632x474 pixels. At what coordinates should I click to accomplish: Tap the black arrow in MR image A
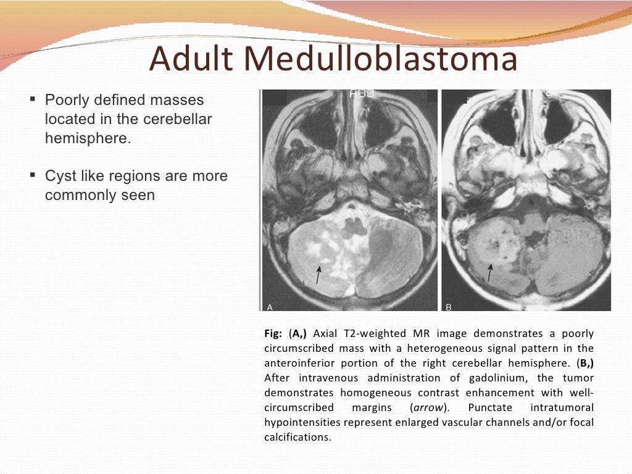[318, 275]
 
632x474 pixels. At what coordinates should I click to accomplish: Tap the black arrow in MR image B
[490, 273]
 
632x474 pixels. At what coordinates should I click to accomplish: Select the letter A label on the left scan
[270, 307]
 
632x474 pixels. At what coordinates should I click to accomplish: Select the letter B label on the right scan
[449, 307]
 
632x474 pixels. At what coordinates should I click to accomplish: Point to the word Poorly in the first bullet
[68, 100]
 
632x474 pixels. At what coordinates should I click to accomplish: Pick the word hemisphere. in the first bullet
[88, 138]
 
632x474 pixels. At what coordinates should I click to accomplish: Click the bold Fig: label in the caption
[273, 334]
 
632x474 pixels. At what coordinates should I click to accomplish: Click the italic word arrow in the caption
[427, 407]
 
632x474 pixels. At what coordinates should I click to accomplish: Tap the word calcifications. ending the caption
[298, 437]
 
